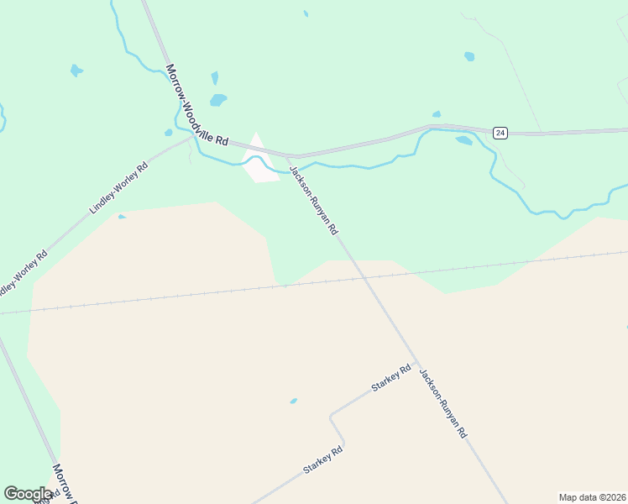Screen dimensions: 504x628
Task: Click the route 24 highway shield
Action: [x=500, y=133]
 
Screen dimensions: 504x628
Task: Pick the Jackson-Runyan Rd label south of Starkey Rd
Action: [x=442, y=404]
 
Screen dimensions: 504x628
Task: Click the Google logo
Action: [x=29, y=494]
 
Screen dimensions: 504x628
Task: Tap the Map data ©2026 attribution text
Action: [x=592, y=496]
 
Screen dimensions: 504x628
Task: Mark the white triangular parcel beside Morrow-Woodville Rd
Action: [x=259, y=160]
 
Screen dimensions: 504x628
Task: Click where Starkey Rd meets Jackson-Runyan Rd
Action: [x=415, y=364]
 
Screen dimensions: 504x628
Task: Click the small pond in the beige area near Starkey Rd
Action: [x=293, y=401]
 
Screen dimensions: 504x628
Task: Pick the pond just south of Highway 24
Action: [x=463, y=140]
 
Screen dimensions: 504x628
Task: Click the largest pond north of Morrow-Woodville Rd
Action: [x=218, y=100]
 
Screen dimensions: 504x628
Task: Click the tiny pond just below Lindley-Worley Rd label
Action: [x=122, y=217]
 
